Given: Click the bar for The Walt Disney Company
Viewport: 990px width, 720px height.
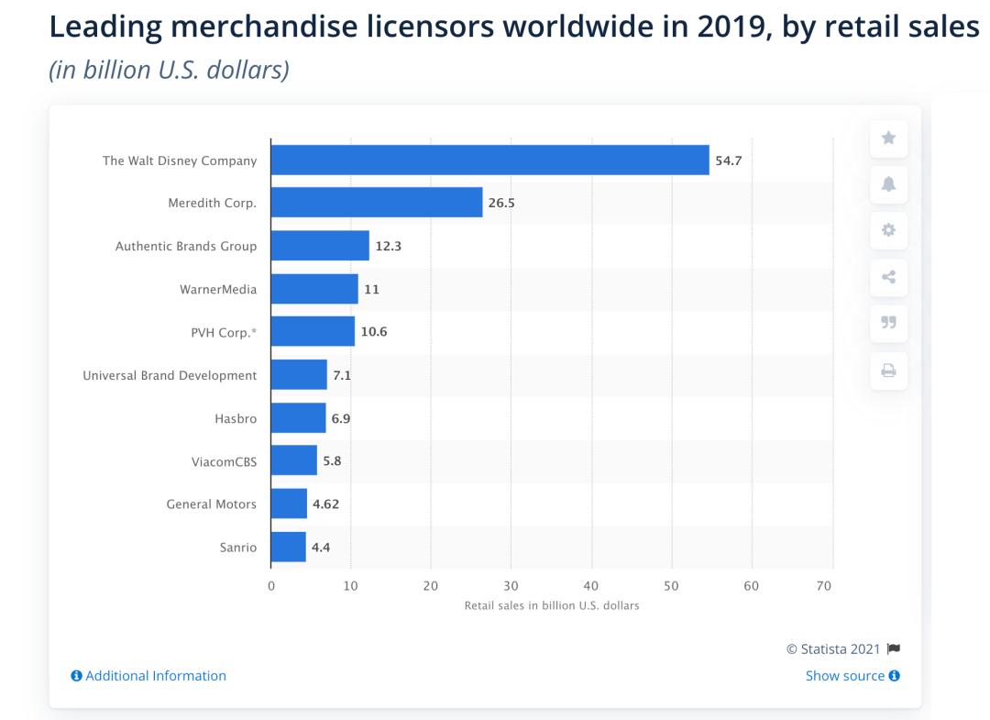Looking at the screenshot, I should coord(489,160).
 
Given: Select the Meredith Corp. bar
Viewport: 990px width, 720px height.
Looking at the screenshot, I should coord(377,203).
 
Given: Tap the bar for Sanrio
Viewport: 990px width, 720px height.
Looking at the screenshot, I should coord(289,548).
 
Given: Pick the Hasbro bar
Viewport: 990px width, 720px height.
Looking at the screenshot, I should coord(298,418).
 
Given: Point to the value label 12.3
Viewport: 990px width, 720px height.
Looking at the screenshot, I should coord(390,246).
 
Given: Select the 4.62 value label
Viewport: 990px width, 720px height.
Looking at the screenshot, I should coord(327,504).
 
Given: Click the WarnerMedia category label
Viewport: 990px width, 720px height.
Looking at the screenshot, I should coord(218,289).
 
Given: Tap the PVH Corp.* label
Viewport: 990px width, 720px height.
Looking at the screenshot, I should coord(224,332).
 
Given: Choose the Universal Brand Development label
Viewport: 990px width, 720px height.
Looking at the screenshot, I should coord(170,375).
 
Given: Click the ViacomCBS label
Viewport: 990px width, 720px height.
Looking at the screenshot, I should coord(224,461).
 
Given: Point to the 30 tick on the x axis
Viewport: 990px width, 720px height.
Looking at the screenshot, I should coord(511,586).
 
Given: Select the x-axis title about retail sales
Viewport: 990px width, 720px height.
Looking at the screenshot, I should coord(552,605).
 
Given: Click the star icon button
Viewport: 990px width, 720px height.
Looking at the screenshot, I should coord(888,138).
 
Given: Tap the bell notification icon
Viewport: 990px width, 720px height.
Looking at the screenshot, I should coord(888,184).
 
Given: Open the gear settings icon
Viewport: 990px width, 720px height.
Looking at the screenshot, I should coord(888,230).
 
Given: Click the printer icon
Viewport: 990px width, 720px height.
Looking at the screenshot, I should coord(888,371).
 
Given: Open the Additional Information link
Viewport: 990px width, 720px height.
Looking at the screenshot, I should coord(148,676).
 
